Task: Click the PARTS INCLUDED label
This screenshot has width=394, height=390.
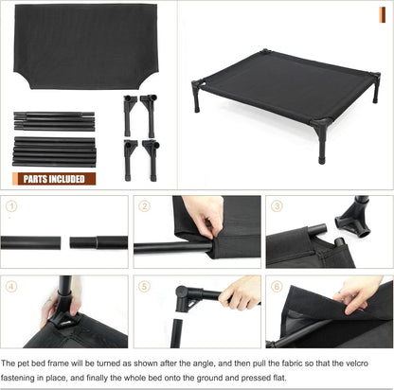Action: (x=54, y=178)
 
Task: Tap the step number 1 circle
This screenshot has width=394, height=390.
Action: (x=10, y=205)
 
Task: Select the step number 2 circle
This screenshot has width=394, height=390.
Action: (x=145, y=205)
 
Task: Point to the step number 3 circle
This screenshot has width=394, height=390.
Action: (x=277, y=205)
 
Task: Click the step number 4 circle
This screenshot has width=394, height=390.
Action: (x=10, y=285)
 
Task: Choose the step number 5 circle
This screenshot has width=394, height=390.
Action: (x=145, y=285)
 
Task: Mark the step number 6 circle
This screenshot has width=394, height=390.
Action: (x=277, y=285)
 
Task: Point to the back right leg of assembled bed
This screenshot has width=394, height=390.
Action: (x=375, y=88)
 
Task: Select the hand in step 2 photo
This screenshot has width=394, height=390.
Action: (x=205, y=214)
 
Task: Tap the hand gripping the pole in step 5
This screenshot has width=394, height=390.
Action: (x=241, y=292)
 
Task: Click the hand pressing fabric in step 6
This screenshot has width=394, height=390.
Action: (x=361, y=292)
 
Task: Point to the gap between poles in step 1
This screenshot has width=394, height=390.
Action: (x=66, y=242)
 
